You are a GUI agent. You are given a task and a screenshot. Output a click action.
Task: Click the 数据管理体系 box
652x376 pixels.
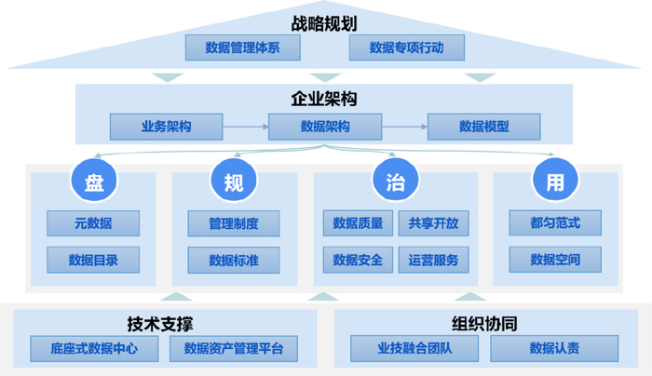point(242,47)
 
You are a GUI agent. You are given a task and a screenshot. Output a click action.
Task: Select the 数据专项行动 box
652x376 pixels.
point(406,47)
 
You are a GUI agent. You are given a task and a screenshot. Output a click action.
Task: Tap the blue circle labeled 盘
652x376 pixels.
point(93,181)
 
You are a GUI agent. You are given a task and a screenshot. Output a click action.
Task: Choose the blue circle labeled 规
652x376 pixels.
point(234,181)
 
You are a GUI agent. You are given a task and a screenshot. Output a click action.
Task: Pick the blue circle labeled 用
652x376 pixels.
point(554,181)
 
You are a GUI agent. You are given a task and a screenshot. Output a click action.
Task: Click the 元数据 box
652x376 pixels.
point(93,223)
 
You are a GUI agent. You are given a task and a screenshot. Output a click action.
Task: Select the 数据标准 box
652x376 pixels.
point(233,260)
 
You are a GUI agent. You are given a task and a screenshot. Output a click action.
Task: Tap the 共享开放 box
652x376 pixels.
point(433,223)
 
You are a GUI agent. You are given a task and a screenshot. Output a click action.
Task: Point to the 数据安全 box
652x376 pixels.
point(358,260)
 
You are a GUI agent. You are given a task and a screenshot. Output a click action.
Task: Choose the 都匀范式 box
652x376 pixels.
point(554,223)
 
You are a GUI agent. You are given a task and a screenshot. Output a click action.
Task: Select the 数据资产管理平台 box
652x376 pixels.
point(234,349)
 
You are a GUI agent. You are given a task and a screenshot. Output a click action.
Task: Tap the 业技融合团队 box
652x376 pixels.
point(414,349)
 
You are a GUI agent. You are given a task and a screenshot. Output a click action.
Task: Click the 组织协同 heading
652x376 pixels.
point(484,324)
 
